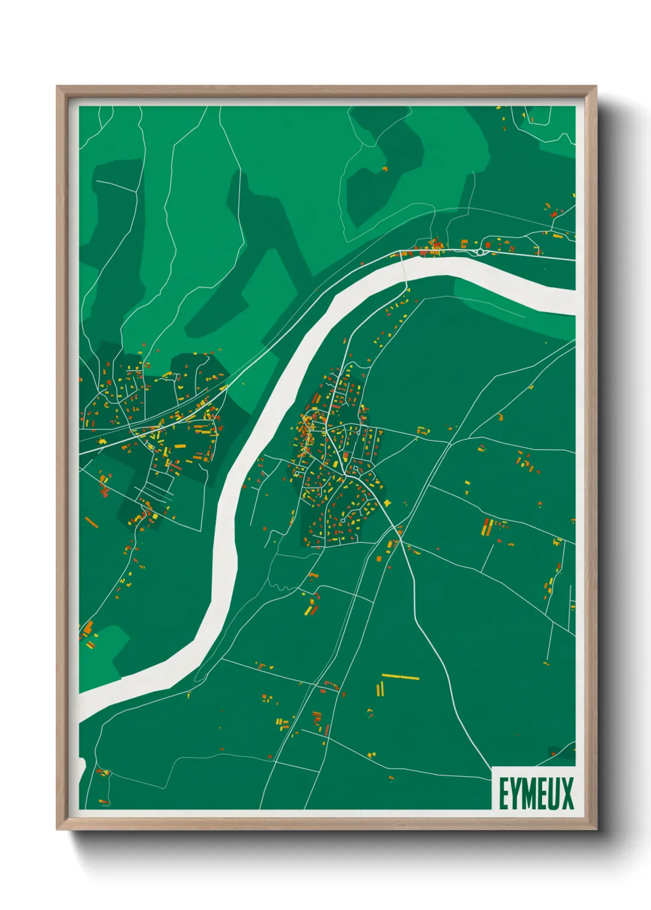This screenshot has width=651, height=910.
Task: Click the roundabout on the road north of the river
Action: pyautogui.click(x=480, y=251)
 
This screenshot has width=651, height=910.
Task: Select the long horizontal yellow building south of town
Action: pyautogui.click(x=400, y=677)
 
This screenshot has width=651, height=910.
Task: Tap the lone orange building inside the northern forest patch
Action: pyautogui.click(x=385, y=168)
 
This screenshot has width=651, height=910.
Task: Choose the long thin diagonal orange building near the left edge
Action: pyautogui.click(x=92, y=523)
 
